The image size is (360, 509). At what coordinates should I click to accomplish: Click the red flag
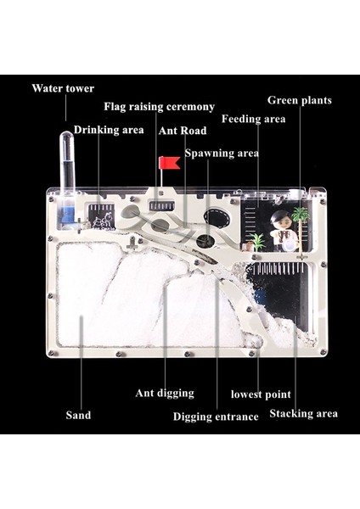(169, 163)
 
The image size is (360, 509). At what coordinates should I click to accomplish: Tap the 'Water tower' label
(63, 88)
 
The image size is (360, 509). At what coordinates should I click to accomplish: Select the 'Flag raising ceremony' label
(160, 107)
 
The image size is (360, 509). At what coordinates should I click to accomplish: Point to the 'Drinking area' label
(109, 130)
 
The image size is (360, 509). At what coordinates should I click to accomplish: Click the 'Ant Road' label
(183, 131)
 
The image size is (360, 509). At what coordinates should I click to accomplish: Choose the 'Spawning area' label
(222, 154)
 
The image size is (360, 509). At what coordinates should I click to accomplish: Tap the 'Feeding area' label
(253, 119)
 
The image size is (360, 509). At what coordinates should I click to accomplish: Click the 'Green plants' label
(300, 100)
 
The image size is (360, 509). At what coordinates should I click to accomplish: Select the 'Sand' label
(78, 415)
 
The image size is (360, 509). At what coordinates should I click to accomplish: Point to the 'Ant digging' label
(165, 393)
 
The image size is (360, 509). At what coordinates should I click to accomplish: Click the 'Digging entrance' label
(216, 417)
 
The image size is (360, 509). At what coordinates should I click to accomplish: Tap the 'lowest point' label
(261, 394)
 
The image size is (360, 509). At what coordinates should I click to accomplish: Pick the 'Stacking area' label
(303, 414)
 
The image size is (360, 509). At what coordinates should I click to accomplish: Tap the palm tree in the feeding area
(301, 227)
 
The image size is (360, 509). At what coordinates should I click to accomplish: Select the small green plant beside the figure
(258, 242)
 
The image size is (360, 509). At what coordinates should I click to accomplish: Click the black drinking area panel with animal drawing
(99, 215)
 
